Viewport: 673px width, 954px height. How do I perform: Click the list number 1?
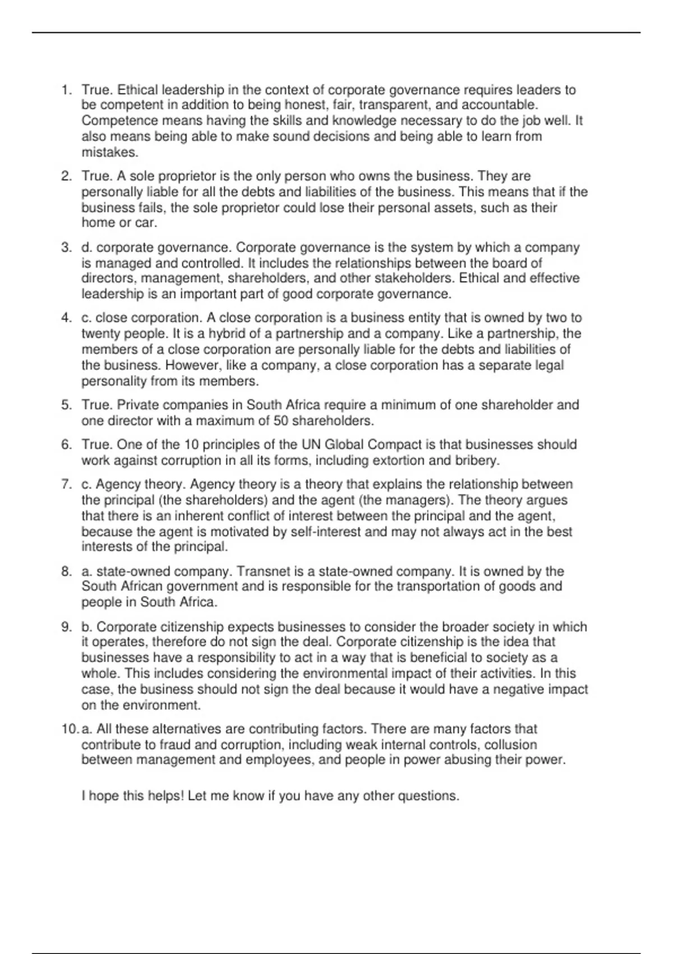[66, 90]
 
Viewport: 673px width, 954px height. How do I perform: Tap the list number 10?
[70, 729]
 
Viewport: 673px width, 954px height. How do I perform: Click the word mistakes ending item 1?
[109, 152]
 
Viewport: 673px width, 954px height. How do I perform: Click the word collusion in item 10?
[510, 745]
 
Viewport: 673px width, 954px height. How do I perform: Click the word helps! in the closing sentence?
[165, 796]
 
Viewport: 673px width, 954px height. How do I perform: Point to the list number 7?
[66, 484]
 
